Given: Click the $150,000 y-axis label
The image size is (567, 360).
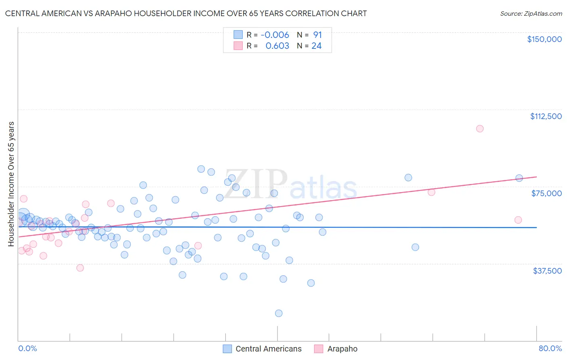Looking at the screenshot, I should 544,39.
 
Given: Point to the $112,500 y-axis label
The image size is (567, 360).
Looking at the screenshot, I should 546,116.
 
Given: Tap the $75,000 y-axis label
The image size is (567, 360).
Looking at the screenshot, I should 546,193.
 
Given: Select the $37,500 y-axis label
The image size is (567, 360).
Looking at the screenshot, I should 547,271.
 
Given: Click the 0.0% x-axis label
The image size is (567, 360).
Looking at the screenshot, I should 28,348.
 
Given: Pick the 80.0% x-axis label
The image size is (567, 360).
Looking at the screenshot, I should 550,348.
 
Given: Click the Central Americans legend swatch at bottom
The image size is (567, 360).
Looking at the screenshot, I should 227,349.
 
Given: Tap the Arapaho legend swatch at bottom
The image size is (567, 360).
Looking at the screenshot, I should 319,349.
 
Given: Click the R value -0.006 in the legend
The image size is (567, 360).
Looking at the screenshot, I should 275,35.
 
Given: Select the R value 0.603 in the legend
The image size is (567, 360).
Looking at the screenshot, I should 277,46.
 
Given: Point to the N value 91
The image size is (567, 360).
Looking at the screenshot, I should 317,35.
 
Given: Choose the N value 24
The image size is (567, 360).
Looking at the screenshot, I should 317,46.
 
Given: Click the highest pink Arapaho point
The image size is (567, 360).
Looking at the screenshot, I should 479,129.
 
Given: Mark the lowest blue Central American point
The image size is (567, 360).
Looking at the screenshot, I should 279,313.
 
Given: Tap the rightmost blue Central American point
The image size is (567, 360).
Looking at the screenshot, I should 519,178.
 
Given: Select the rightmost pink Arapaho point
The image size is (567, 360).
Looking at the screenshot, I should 518,220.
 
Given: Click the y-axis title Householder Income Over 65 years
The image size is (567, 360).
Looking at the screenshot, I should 11,184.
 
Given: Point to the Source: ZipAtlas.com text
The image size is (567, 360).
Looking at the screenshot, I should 531,14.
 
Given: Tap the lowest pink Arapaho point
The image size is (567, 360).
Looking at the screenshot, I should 80,268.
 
